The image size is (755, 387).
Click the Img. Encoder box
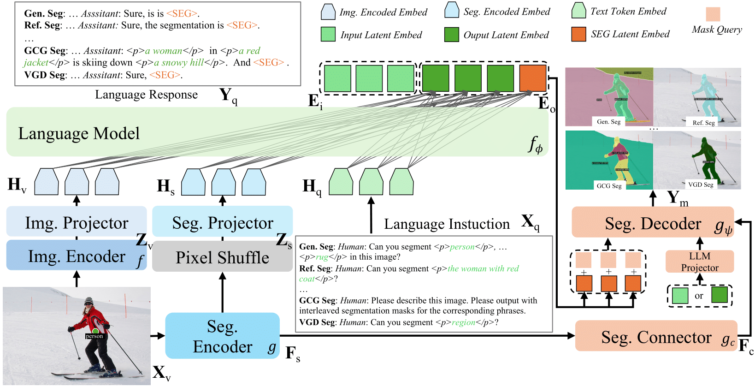(76, 256)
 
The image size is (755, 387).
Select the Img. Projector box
(76, 222)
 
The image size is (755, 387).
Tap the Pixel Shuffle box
(222, 257)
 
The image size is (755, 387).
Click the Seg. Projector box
(222, 222)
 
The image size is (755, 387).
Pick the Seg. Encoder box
(222, 336)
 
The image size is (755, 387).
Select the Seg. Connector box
(656, 337)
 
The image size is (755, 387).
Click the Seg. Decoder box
(652, 223)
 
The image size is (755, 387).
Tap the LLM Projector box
(699, 262)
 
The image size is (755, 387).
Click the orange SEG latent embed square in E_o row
(532, 78)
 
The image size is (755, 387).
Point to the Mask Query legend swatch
(713, 14)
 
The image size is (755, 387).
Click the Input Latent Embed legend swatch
(328, 34)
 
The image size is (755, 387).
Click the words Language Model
(79, 133)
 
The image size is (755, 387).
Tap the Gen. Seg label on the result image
(608, 122)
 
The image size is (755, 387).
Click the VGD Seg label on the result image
(700, 185)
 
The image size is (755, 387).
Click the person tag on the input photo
(94, 336)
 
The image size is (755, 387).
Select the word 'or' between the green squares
(699, 296)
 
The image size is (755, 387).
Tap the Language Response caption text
(146, 95)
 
